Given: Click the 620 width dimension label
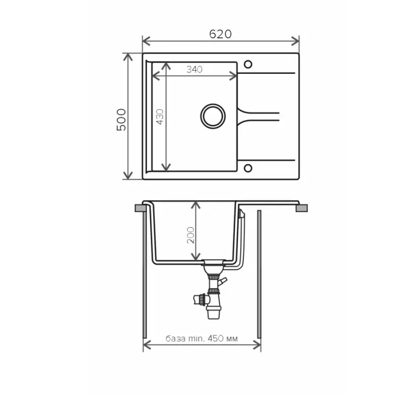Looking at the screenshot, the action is point(220,34).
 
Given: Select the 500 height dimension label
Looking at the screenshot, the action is point(121,120).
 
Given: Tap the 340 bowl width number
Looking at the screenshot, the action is point(194,69).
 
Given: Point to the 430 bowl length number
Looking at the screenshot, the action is point(160,117).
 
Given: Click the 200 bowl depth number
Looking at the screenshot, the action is point(191,235).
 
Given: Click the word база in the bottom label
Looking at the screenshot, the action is point(175,338).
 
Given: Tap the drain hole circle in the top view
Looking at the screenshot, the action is point(213,116).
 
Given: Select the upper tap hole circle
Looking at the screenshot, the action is point(248,64).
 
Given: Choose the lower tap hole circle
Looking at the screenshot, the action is point(248,168).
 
